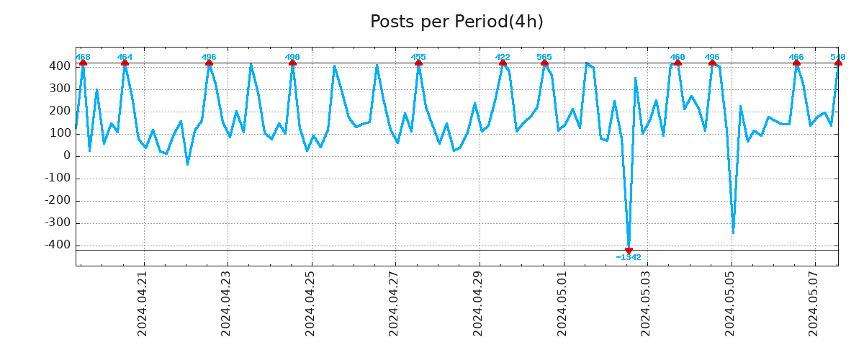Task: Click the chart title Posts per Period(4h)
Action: [x=456, y=22]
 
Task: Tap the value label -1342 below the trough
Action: [x=629, y=257]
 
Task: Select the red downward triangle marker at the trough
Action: [x=629, y=251]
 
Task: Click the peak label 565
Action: [x=544, y=57]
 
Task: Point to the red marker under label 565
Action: [x=544, y=63]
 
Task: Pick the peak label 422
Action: [x=503, y=57]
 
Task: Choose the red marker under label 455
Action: [x=418, y=63]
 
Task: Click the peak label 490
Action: [x=292, y=57]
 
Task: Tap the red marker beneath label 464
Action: [x=125, y=63]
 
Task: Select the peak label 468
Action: [x=83, y=57]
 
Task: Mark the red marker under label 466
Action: [x=796, y=63]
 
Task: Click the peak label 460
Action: [x=678, y=57]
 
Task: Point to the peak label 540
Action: [x=838, y=57]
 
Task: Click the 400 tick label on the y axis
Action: [x=60, y=66]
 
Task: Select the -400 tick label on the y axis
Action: [x=57, y=246]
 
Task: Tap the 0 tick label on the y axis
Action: [x=67, y=156]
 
